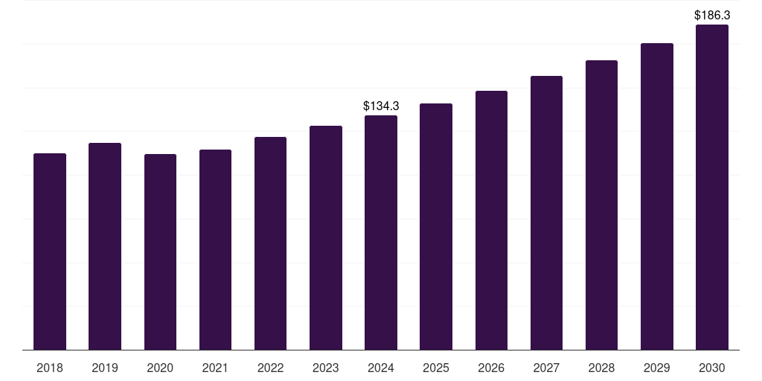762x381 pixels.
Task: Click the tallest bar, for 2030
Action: point(712,187)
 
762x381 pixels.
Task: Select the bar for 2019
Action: point(105,246)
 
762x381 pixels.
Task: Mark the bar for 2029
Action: point(657,196)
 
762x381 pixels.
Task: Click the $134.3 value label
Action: point(381,106)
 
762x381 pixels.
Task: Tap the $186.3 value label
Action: point(712,15)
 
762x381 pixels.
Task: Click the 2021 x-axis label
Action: point(215,368)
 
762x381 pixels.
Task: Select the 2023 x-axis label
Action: point(326,368)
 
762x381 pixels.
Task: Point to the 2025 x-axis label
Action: point(436,368)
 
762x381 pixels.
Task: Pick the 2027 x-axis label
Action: point(546,368)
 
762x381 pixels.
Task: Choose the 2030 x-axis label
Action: point(712,368)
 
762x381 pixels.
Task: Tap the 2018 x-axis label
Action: point(50,368)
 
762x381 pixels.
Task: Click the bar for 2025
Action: point(436,226)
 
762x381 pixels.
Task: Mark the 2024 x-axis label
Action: point(381,368)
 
